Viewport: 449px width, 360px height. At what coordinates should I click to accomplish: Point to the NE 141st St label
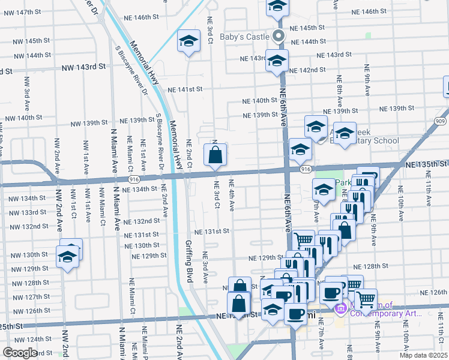coord(185,89)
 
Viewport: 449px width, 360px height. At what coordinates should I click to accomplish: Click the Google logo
coord(20,353)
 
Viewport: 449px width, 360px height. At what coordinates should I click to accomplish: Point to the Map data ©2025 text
coord(423,355)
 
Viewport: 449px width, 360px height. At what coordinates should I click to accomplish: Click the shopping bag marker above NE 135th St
coord(215,155)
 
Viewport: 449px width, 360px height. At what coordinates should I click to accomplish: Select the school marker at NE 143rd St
coord(277,61)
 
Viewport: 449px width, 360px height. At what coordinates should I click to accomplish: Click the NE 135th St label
coord(426,164)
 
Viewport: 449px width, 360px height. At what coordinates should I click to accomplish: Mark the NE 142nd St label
coord(307,70)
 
